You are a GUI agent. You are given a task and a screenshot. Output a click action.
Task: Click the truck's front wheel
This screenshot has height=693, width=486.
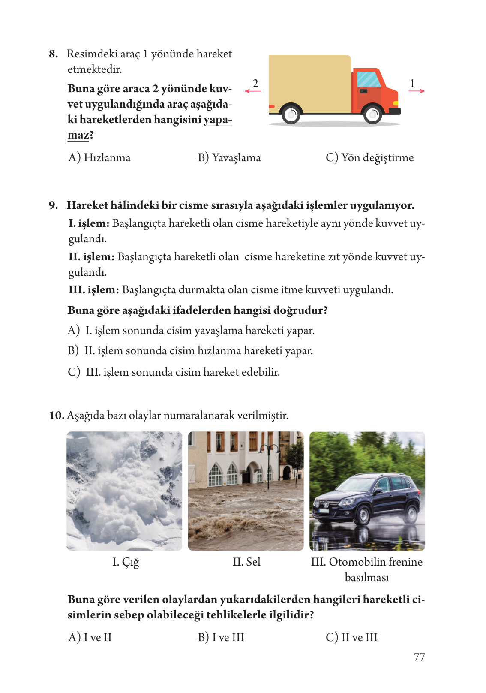[372, 114]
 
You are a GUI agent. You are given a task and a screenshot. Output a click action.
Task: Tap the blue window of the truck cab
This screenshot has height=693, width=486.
[368, 80]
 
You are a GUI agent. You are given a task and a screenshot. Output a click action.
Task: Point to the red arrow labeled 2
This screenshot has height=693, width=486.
[253, 91]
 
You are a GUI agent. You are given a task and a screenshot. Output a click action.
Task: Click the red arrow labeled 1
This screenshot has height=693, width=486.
[417, 91]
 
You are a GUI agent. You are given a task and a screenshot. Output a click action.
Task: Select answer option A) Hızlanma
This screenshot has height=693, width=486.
[99, 158]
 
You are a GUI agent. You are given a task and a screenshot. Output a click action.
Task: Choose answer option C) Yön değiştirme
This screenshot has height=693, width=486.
[369, 158]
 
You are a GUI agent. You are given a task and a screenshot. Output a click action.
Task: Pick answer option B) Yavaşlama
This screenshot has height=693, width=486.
[229, 158]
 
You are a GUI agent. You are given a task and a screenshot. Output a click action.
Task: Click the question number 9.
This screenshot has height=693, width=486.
[53, 205]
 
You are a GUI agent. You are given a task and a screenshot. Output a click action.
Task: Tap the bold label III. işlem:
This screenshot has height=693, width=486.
[93, 290]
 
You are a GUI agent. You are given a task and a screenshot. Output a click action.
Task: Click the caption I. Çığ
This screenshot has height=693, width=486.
[126, 562]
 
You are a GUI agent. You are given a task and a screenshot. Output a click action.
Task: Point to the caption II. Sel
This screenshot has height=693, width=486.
[246, 562]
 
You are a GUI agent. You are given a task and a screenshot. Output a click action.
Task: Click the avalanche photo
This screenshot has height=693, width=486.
[124, 491]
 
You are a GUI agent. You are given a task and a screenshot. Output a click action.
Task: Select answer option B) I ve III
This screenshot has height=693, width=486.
[221, 638]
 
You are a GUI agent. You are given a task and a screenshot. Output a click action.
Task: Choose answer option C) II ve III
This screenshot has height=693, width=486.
[351, 638]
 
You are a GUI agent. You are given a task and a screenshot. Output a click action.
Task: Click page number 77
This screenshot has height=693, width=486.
[419, 657]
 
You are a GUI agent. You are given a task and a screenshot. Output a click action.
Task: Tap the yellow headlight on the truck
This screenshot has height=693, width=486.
[396, 103]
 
